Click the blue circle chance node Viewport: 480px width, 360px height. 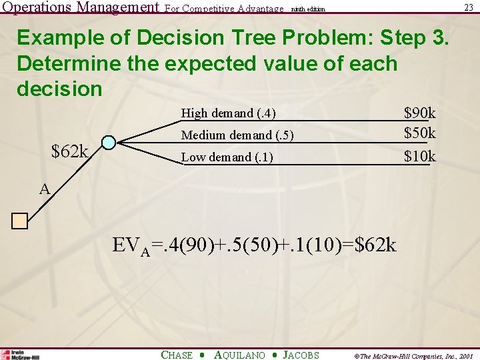click(x=108, y=143)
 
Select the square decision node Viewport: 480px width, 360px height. click(x=19, y=221)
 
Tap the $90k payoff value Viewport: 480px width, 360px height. click(x=420, y=113)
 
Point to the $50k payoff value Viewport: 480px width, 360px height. click(x=420, y=133)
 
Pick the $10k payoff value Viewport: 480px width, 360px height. click(x=420, y=157)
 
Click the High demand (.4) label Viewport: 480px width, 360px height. click(x=229, y=113)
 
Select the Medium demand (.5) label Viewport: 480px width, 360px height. click(x=237, y=135)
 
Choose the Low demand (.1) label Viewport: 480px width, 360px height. click(x=227, y=157)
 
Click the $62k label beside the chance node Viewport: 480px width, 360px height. click(x=70, y=152)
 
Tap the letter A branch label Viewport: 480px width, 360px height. click(x=45, y=189)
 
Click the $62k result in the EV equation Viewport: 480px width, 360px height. click(x=375, y=245)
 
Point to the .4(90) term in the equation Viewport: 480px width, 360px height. click(x=194, y=245)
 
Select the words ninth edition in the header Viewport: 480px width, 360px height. click(x=307, y=9)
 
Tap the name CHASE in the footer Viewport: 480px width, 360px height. click(x=177, y=355)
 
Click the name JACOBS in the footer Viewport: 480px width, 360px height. click(x=301, y=355)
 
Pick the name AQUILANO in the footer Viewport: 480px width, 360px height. click(x=239, y=355)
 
